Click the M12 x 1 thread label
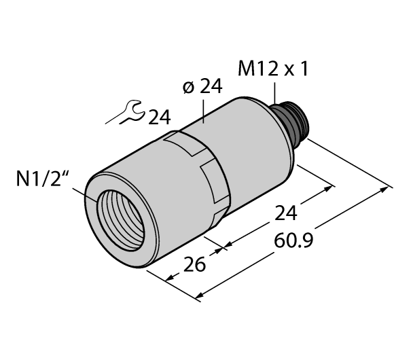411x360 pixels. click(x=272, y=69)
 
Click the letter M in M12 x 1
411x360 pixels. click(x=245, y=69)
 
